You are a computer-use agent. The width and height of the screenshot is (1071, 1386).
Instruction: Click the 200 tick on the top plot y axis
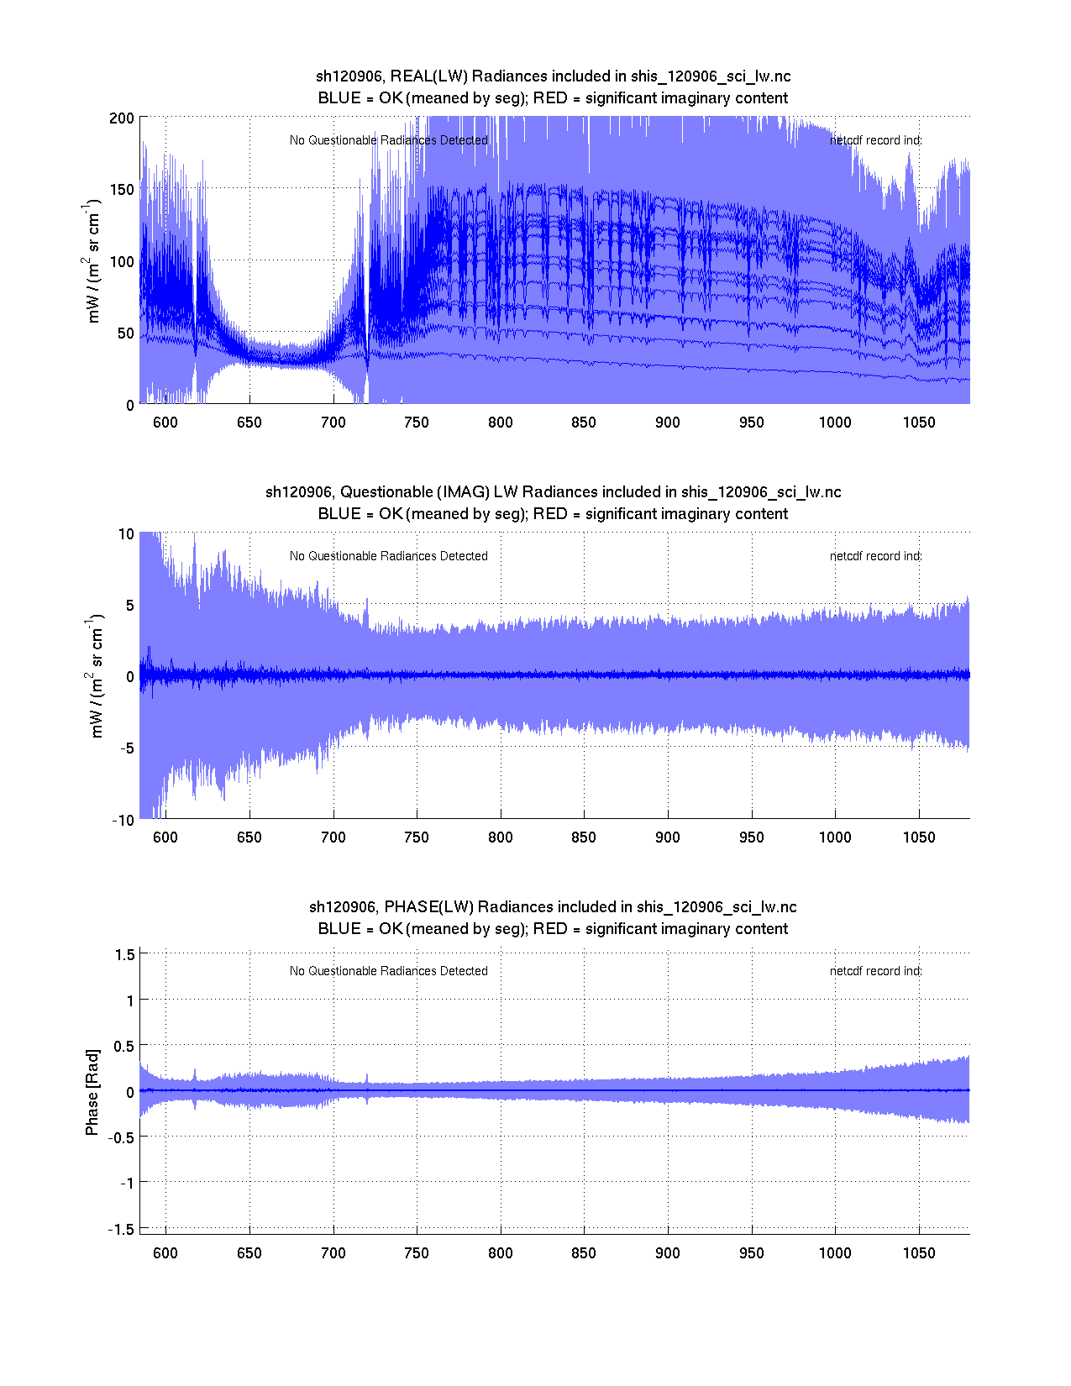[x=122, y=118]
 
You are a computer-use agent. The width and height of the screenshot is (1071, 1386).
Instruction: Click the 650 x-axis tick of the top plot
[x=249, y=423]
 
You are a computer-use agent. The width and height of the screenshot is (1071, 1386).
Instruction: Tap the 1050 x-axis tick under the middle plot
[x=919, y=837]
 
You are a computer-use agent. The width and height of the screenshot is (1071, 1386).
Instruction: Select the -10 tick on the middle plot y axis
[x=123, y=821]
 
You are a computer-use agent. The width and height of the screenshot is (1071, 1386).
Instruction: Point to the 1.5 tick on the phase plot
[x=125, y=954]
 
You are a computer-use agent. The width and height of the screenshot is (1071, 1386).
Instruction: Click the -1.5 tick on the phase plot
[x=122, y=1229]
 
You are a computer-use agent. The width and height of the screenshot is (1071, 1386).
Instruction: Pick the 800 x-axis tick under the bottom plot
[x=501, y=1253]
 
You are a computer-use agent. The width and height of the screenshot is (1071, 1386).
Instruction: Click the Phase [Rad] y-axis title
[x=92, y=1092]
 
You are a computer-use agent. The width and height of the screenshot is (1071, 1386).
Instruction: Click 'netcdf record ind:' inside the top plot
[x=875, y=140]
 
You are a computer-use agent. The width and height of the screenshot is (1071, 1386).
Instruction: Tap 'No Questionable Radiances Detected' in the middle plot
[x=388, y=556]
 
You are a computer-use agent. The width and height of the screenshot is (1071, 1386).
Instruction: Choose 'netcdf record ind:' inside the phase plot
[x=875, y=971]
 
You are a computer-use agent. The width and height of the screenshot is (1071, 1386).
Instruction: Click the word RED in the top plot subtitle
[x=550, y=98]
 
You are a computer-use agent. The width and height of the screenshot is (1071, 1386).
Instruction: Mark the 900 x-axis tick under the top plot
[x=668, y=423]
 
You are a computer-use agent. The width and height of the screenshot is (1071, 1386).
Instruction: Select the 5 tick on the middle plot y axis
[x=129, y=606]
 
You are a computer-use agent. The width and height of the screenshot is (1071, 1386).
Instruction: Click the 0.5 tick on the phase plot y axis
[x=124, y=1046]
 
